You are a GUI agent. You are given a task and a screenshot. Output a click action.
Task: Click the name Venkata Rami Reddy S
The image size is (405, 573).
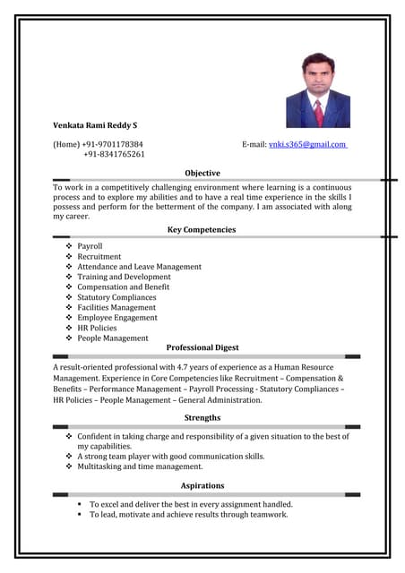[x=95, y=125]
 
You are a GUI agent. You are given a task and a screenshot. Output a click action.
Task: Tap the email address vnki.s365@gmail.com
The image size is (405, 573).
[x=307, y=144]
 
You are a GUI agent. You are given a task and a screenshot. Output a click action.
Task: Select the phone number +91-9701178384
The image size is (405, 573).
[x=112, y=144]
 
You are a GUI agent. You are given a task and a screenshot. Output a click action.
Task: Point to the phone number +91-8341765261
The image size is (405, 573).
[x=114, y=154]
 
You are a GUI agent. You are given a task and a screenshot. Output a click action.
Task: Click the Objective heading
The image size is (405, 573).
[x=202, y=173]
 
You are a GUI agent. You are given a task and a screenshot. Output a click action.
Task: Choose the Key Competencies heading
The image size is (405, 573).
[x=202, y=230]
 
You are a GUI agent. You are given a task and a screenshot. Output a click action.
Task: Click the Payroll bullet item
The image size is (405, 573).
[x=90, y=246]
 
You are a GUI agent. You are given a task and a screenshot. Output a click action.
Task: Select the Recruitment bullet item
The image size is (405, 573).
[x=99, y=256]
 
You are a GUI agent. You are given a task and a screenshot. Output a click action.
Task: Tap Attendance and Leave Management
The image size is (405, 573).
[x=139, y=267]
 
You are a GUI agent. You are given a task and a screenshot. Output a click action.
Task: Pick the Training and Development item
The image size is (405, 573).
[x=124, y=277]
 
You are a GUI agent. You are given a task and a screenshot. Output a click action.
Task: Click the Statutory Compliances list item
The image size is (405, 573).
[x=116, y=297]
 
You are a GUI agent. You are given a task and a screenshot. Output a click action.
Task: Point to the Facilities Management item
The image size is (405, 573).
[x=116, y=307]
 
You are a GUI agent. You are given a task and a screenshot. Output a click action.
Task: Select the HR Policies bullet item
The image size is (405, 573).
[x=97, y=328]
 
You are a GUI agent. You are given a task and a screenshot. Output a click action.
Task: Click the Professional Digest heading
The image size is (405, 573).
[x=202, y=347]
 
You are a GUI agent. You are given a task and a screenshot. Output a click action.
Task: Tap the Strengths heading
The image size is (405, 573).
[x=202, y=418]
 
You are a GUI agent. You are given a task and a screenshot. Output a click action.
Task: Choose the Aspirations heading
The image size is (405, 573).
[x=202, y=486]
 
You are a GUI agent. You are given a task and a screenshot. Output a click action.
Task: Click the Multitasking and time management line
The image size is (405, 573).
[x=140, y=466]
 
